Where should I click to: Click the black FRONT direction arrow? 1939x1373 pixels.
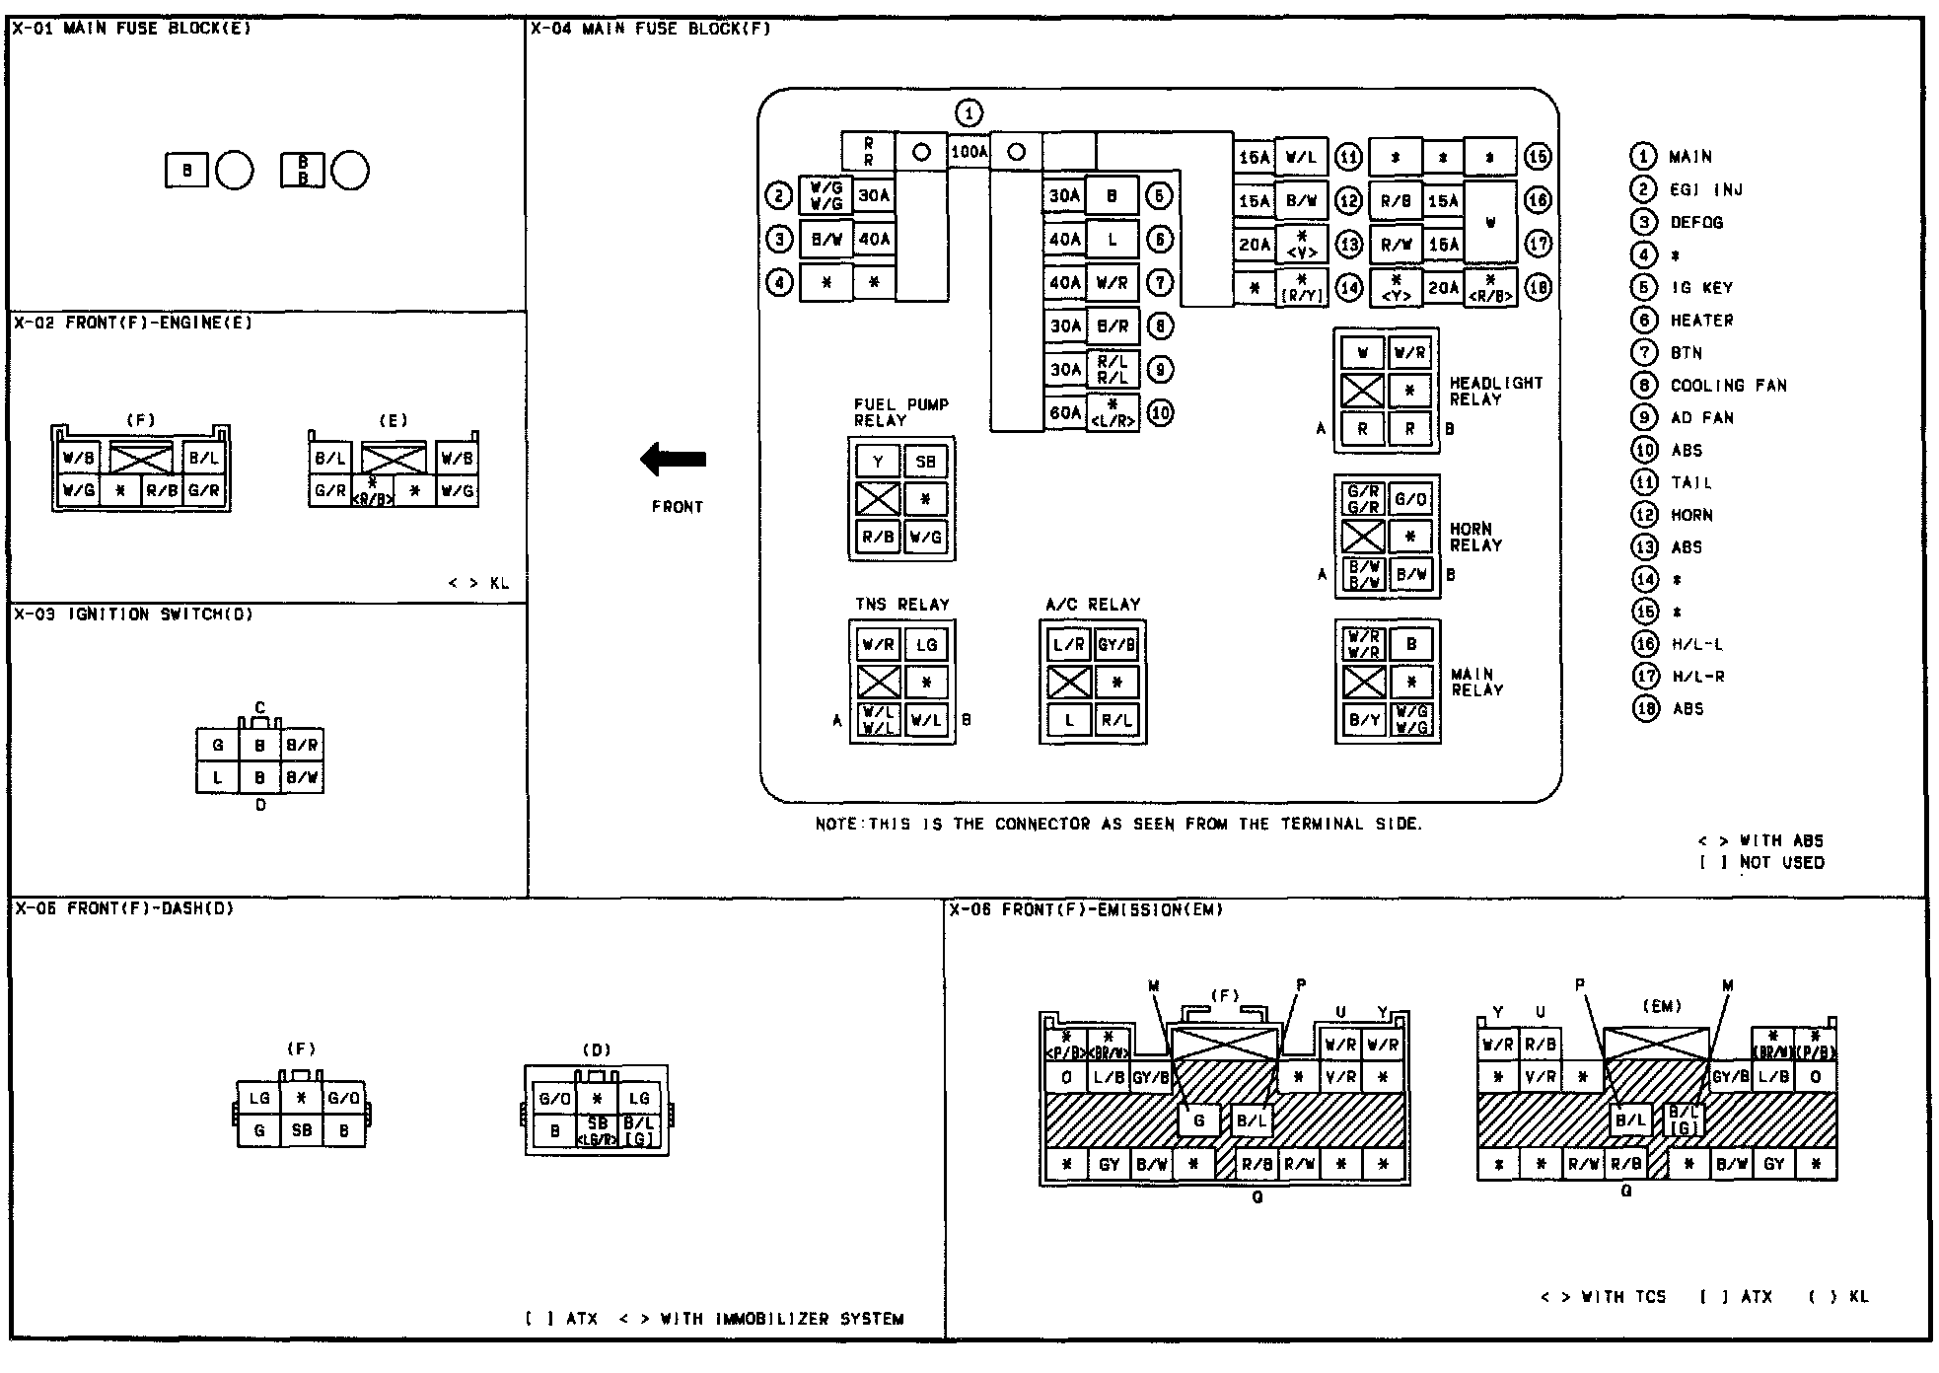pyautogui.click(x=674, y=459)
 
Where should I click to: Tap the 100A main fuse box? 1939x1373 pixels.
pyautogui.click(x=969, y=153)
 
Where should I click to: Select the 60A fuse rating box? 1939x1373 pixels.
pyautogui.click(x=1064, y=412)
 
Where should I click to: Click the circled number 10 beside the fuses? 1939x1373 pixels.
pyautogui.click(x=1160, y=412)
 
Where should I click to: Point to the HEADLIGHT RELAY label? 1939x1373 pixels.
pyautogui.click(x=1495, y=391)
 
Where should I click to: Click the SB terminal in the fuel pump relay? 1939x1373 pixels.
pyautogui.click(x=925, y=461)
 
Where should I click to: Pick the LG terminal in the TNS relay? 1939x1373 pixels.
pyautogui.click(x=926, y=645)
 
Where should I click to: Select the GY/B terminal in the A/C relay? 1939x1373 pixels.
pyautogui.click(x=1116, y=645)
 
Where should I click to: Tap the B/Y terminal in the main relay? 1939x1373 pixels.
pyautogui.click(x=1364, y=720)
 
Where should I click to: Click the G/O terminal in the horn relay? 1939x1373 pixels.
pyautogui.click(x=1410, y=500)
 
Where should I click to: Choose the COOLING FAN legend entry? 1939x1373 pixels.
pyautogui.click(x=1728, y=386)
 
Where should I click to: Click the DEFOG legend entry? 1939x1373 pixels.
pyautogui.click(x=1696, y=223)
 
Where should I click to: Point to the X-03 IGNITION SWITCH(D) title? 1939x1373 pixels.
pyautogui.click(x=133, y=614)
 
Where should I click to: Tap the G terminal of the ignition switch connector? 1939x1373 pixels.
pyautogui.click(x=218, y=746)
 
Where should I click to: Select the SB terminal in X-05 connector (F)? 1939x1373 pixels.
pyautogui.click(x=302, y=1130)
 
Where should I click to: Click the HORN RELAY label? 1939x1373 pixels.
pyautogui.click(x=1475, y=537)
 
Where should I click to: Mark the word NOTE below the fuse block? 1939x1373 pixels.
pyautogui.click(x=837, y=825)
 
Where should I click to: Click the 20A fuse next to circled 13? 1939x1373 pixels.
pyautogui.click(x=1254, y=244)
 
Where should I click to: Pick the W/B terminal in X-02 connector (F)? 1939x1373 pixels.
pyautogui.click(x=79, y=458)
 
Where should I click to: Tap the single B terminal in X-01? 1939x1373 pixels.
pyautogui.click(x=187, y=171)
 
